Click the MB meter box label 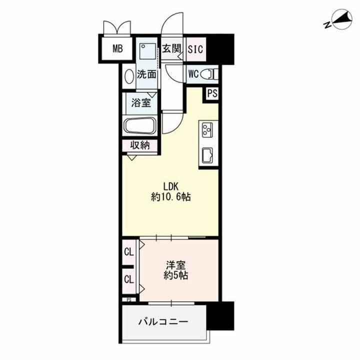point(118,48)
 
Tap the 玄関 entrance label point(171,48)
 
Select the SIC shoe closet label point(195,49)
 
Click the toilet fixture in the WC point(209,74)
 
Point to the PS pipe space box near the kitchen point(212,93)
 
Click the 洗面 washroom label point(146,74)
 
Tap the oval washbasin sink point(129,76)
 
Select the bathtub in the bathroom point(140,125)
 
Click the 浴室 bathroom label point(141,102)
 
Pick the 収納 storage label point(140,145)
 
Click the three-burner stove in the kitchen point(207,130)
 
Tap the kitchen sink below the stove point(207,155)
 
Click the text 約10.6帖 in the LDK point(171,197)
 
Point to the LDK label point(170,186)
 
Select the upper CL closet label point(129,252)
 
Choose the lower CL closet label point(129,279)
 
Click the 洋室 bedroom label point(176,265)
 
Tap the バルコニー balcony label point(163,321)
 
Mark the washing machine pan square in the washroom point(147,51)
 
